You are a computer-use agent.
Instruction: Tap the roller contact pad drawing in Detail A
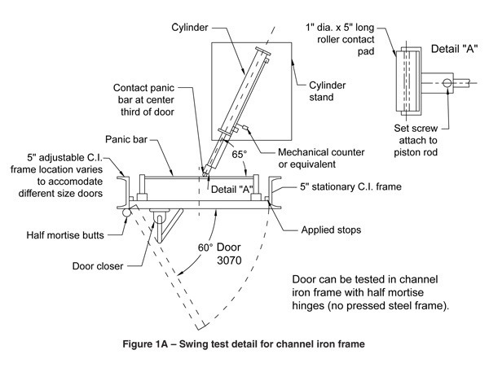[x=407, y=79]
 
